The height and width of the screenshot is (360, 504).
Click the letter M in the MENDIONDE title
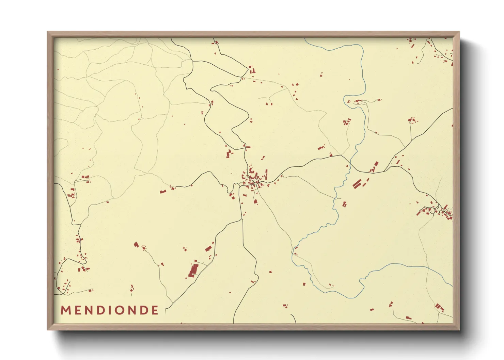(x=65, y=310)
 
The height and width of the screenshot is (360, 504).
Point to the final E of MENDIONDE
(x=155, y=310)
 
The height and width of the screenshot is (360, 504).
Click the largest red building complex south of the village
(x=193, y=270)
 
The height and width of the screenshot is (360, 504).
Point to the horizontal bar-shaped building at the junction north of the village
(x=248, y=147)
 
